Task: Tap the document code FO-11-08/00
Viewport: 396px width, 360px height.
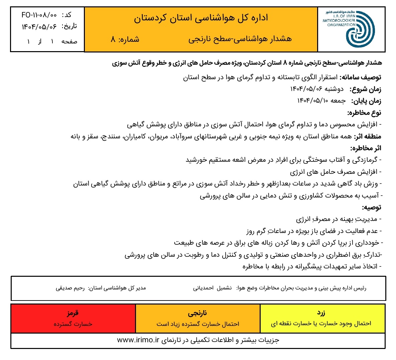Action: (x=39, y=15)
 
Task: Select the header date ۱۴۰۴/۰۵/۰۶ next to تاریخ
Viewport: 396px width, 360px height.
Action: (x=39, y=26)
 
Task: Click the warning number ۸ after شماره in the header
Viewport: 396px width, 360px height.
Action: (x=113, y=39)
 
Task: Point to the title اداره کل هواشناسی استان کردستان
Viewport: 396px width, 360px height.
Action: (x=201, y=18)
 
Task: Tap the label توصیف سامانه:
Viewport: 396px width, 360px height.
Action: (x=360, y=78)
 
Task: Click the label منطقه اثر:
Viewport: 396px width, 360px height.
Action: (x=367, y=136)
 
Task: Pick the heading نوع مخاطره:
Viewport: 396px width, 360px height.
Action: (x=364, y=113)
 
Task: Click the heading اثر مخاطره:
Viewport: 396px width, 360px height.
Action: (x=366, y=148)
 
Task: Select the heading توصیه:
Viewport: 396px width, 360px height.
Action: (x=372, y=207)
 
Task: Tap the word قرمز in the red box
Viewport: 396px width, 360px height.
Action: (x=73, y=313)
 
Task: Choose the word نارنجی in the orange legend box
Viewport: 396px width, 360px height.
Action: (x=197, y=313)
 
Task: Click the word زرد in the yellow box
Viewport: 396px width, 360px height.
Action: (x=321, y=313)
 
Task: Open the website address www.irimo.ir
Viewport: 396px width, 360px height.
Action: (x=138, y=340)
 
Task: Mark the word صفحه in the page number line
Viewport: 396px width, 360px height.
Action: (x=69, y=41)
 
